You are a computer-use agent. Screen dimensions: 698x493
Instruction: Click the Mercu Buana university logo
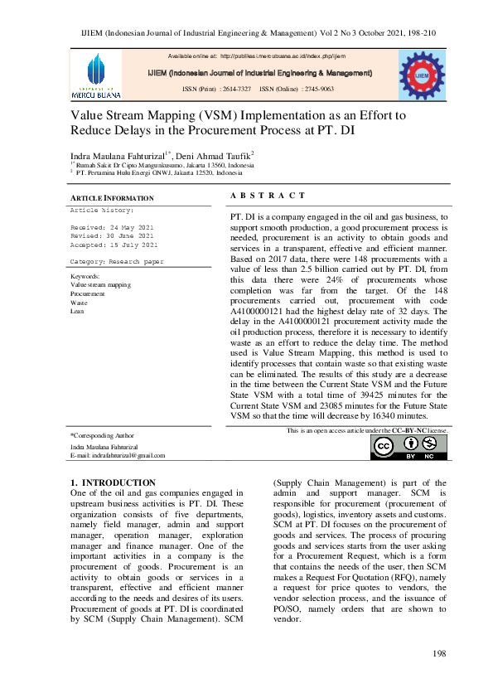coord(96,75)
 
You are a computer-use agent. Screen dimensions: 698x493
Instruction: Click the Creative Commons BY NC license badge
coord(408,447)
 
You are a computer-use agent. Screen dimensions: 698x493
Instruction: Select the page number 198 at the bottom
coord(440,655)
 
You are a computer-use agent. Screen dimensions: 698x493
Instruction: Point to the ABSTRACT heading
coord(268,195)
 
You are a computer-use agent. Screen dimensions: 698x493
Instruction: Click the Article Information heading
coord(112,198)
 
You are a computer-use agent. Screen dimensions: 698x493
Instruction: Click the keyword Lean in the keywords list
coord(78,311)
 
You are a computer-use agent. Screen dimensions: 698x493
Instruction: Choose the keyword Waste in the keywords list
coord(80,303)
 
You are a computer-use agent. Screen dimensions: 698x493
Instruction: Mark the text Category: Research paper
coord(117,261)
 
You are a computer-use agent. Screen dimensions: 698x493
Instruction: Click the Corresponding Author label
coord(103,434)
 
